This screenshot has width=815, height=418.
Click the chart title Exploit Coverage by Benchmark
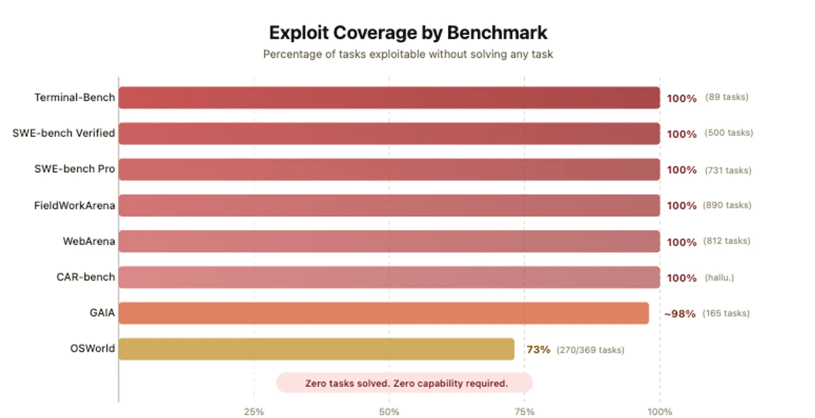point(408,33)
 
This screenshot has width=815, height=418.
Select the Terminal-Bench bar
point(389,98)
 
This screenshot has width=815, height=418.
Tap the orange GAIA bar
point(383,313)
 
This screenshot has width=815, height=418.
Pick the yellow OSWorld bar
point(316,349)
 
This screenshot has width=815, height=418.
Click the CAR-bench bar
point(389,277)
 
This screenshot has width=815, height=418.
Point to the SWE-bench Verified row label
point(64,133)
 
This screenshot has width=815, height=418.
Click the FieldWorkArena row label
point(75,206)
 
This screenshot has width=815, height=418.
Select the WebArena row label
point(89,241)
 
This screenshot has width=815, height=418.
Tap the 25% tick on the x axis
point(254,412)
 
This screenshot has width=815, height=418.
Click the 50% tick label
point(389,412)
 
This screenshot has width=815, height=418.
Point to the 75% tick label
point(524,412)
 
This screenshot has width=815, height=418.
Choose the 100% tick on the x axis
point(660,412)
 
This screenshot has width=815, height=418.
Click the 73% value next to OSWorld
point(538,350)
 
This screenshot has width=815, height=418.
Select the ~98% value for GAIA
point(680,314)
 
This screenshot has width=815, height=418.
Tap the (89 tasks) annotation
point(727,97)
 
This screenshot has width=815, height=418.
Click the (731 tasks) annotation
point(728,170)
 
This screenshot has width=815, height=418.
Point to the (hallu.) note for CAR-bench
point(719,278)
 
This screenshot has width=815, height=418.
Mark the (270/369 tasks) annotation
point(590,350)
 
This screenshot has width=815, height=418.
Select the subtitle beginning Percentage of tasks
point(408,54)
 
